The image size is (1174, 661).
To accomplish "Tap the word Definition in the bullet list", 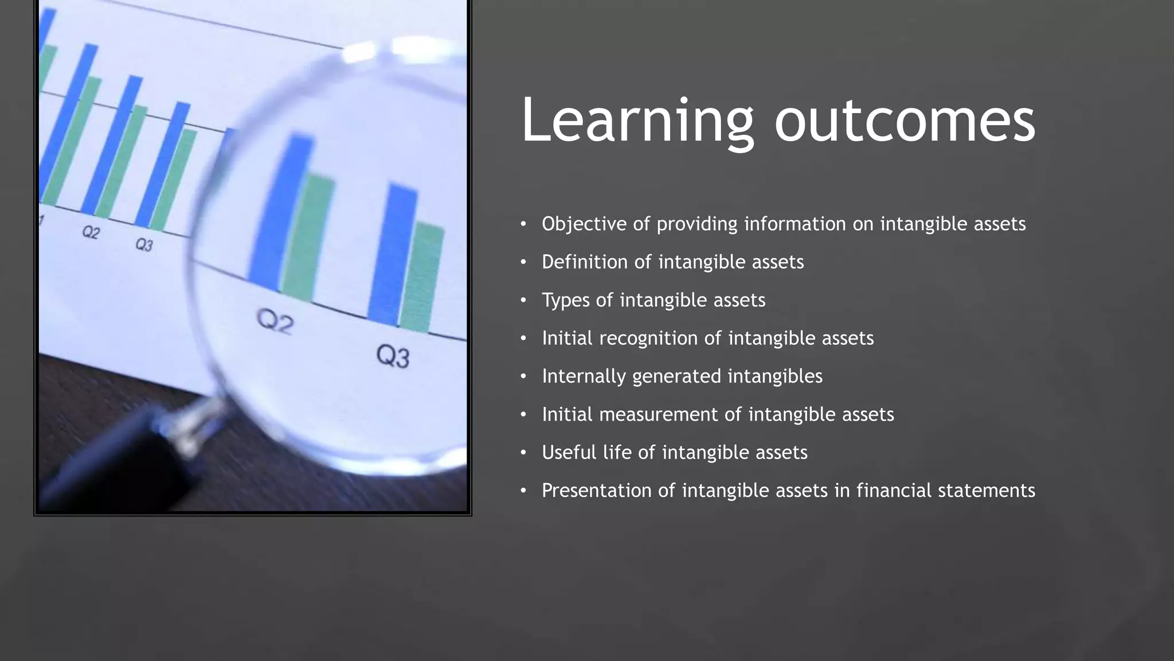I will click(584, 262).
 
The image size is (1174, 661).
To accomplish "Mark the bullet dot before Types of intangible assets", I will click(523, 300).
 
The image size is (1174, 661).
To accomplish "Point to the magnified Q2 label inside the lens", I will click(275, 321).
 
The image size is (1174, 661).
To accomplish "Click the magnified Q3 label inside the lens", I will click(393, 356).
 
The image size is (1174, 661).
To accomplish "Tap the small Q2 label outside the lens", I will click(91, 232).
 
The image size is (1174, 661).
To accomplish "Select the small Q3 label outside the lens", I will click(144, 245).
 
